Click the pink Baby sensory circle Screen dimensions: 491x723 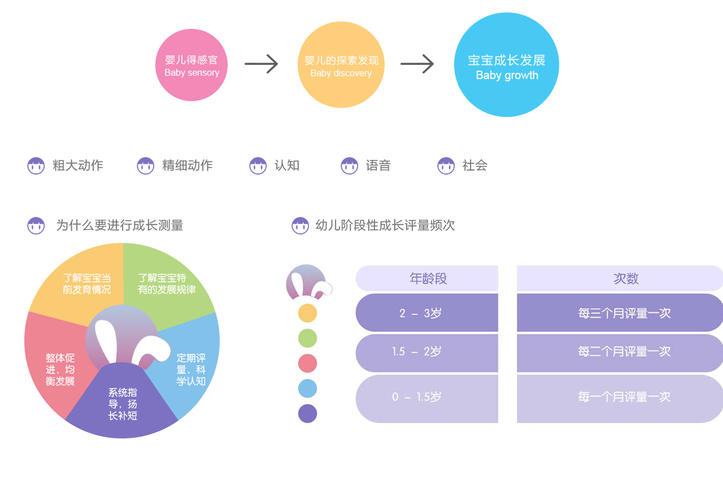191,65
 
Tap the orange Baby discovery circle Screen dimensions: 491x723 341,65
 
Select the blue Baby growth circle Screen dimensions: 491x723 507,65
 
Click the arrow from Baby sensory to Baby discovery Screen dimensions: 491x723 262,64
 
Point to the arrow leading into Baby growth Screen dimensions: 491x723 417,64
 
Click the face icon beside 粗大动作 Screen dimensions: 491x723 36,166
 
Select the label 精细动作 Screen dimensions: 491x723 188,166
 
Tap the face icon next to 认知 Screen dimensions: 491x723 258,166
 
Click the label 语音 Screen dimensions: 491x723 378,166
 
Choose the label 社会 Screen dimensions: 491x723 475,166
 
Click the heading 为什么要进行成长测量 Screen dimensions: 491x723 120,225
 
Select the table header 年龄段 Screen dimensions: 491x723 428,279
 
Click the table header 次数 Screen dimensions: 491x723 626,279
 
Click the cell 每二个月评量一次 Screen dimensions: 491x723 624,352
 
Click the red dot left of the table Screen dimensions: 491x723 308,363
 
